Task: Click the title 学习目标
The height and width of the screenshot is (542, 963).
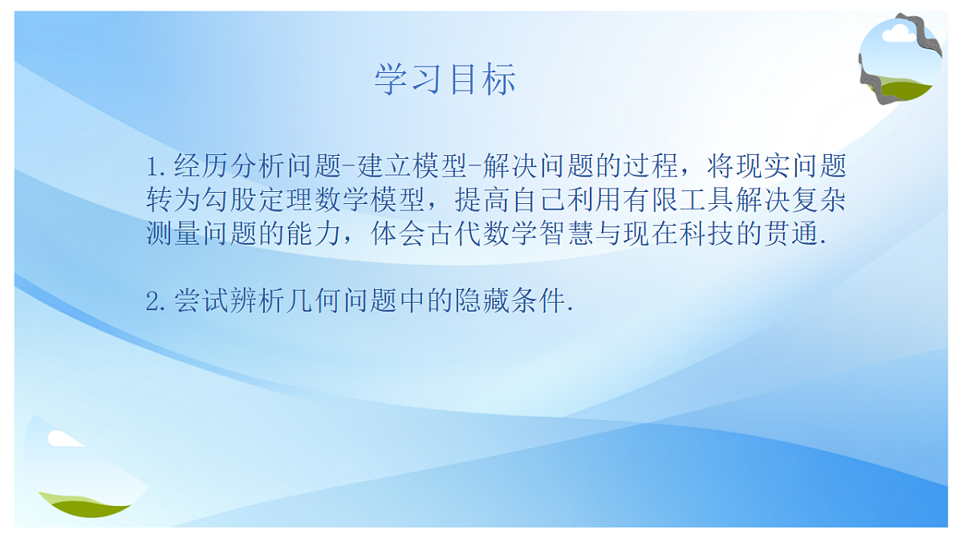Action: tap(445, 79)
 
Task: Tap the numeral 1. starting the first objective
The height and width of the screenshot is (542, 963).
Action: tap(156, 167)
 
